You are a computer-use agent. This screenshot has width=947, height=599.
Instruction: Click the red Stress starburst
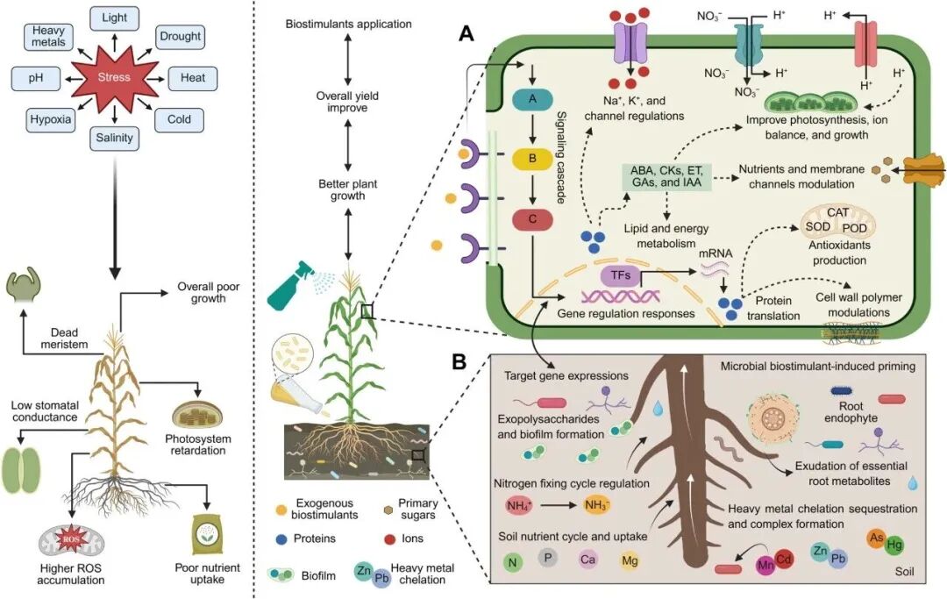114,77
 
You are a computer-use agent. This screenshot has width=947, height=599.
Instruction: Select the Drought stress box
180,37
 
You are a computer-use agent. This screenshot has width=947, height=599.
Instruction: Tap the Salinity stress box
115,137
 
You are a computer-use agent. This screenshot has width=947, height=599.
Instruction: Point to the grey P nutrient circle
548,559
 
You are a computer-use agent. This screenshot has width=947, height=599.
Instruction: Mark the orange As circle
875,538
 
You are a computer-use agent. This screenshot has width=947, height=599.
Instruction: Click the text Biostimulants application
348,23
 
